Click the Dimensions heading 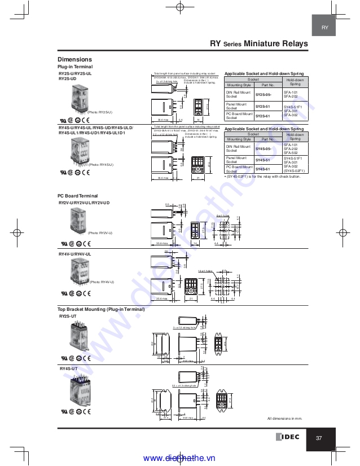click(74, 59)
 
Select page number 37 click(319, 438)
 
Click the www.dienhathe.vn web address click(179, 458)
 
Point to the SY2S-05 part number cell click(264, 95)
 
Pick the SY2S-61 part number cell click(264, 116)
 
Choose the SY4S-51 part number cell click(264, 160)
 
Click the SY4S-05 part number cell click(264, 148)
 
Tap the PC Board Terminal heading click(78, 196)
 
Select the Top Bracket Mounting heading click(101, 309)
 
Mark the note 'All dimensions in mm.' click(285, 419)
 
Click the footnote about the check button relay click(262, 177)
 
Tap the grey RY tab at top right click(325, 28)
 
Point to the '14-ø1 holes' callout click(205, 271)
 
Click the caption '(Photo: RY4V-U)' click(102, 282)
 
